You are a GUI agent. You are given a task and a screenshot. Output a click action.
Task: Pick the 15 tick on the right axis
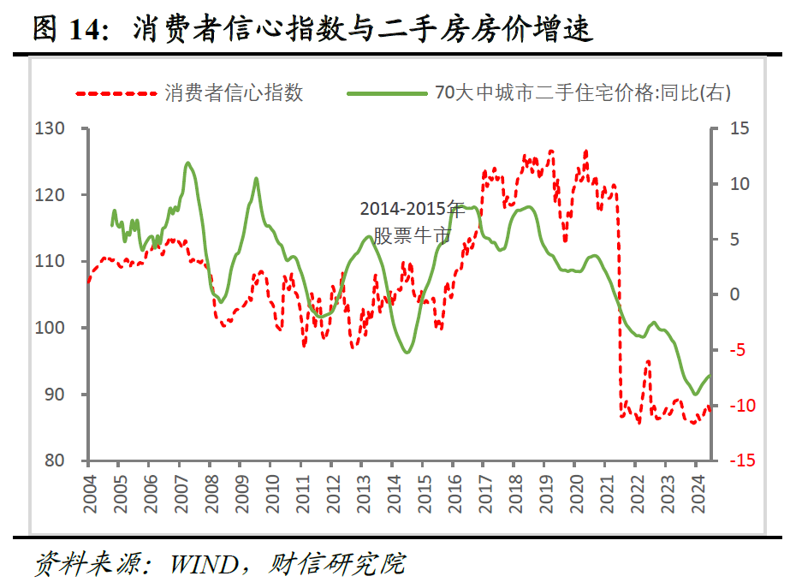[x=738, y=129]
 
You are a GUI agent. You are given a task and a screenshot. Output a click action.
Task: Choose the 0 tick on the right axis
[x=734, y=294]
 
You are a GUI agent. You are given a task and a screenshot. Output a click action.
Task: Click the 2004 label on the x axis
[x=88, y=492]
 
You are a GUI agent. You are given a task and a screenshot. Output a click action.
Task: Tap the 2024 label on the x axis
[x=696, y=492]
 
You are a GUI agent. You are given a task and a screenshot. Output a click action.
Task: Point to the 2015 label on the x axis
[x=422, y=492]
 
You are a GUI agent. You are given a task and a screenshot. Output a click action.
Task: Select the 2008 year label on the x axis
[x=210, y=492]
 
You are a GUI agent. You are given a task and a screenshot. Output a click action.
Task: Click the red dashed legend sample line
[x=115, y=92]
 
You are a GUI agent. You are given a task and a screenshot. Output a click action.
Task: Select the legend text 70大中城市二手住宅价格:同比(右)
[x=583, y=92]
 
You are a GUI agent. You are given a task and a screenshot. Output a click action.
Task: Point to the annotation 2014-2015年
[x=411, y=210]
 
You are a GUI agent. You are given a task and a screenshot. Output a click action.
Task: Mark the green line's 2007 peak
[x=187, y=163]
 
